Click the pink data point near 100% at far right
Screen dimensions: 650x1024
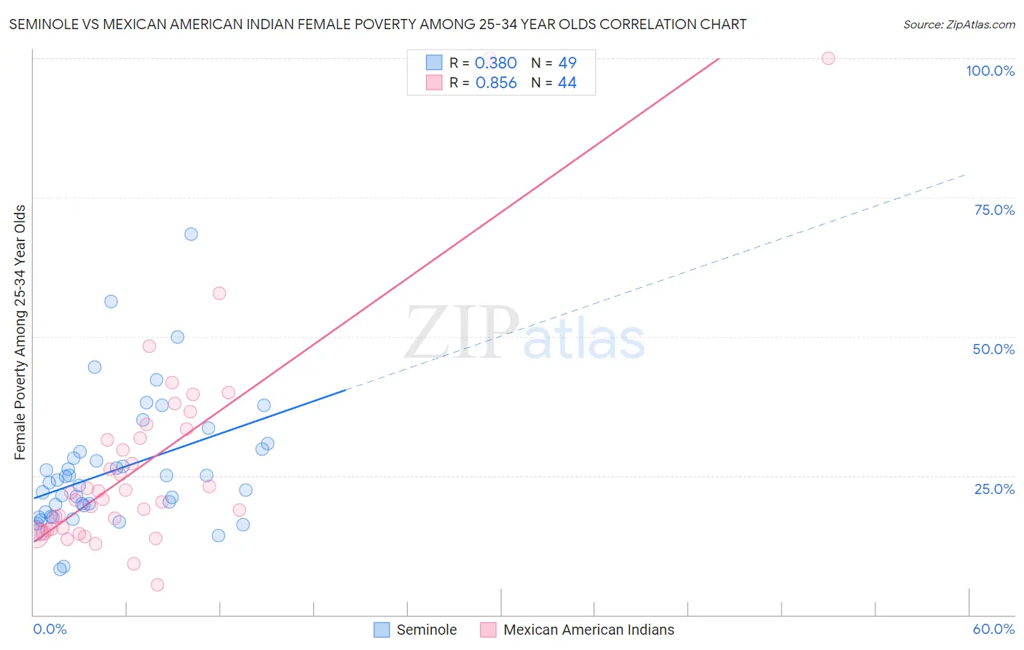[x=828, y=58]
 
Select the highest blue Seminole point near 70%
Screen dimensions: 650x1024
[x=191, y=234]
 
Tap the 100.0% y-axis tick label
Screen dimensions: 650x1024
[x=990, y=71]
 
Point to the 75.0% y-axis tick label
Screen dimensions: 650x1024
[x=994, y=210]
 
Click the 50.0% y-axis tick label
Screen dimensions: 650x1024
[x=993, y=349]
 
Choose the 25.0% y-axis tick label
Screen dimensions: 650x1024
[x=994, y=489]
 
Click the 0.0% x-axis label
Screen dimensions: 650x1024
[x=50, y=629]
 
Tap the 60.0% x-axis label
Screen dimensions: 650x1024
[x=993, y=629]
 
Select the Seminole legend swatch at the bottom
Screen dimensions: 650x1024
[x=382, y=630]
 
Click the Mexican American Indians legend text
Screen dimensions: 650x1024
[x=588, y=630]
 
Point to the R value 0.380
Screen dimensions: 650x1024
[x=495, y=63]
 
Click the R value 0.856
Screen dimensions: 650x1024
[x=496, y=83]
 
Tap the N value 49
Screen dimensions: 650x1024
[x=567, y=63]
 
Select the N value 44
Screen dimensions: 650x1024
[x=567, y=83]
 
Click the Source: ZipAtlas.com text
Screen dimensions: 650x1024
[x=958, y=25]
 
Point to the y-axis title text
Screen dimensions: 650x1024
[x=20, y=332]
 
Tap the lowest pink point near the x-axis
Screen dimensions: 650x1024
[x=157, y=584]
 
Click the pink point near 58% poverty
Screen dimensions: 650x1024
[x=219, y=293]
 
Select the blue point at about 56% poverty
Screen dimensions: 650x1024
[x=111, y=301]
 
